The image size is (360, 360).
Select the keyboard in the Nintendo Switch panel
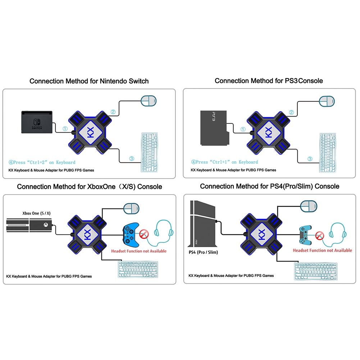(149, 149)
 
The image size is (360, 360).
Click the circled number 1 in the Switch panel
(65, 128)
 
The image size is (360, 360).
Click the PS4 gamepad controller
(306, 234)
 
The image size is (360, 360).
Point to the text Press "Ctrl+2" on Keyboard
(42, 162)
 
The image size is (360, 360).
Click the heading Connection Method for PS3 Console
(269, 81)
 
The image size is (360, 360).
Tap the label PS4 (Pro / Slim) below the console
(203, 252)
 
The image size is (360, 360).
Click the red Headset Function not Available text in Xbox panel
(139, 251)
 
